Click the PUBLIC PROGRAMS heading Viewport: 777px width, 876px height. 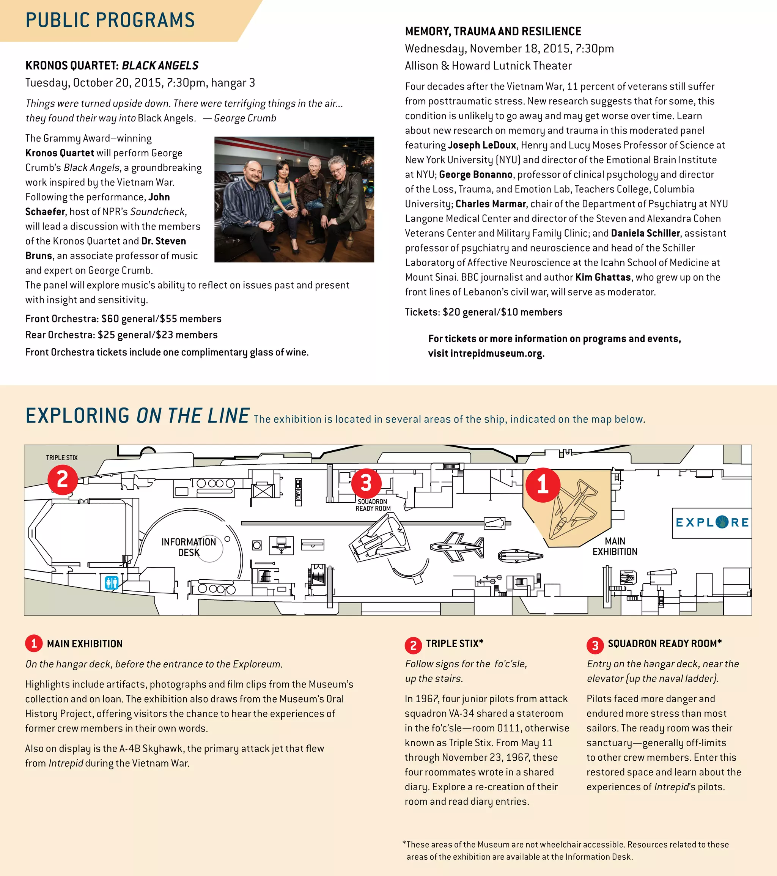pyautogui.click(x=110, y=20)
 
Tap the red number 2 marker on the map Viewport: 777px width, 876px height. pyautogui.click(x=63, y=480)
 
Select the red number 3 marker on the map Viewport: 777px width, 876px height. pyautogui.click(x=366, y=483)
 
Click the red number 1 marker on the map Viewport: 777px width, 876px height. pyautogui.click(x=543, y=485)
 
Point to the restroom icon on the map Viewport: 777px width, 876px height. pyautogui.click(x=112, y=582)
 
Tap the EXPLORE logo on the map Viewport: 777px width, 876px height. pyautogui.click(x=712, y=522)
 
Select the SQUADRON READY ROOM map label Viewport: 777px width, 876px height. pyautogui.click(x=373, y=505)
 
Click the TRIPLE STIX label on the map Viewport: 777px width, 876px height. pyautogui.click(x=62, y=458)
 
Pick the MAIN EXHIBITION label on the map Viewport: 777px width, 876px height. pyautogui.click(x=615, y=546)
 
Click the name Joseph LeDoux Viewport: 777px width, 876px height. pyautogui.click(x=482, y=145)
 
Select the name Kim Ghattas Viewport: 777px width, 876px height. pyautogui.click(x=602, y=277)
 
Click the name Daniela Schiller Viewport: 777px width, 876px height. pyautogui.click(x=645, y=233)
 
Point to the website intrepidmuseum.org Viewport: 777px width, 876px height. pyautogui.click(x=496, y=354)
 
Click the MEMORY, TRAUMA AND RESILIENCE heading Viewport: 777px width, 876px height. pyautogui.click(x=493, y=31)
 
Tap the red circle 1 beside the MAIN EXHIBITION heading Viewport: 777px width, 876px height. pyautogui.click(x=34, y=643)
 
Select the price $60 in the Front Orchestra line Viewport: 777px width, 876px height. pyautogui.click(x=110, y=319)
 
